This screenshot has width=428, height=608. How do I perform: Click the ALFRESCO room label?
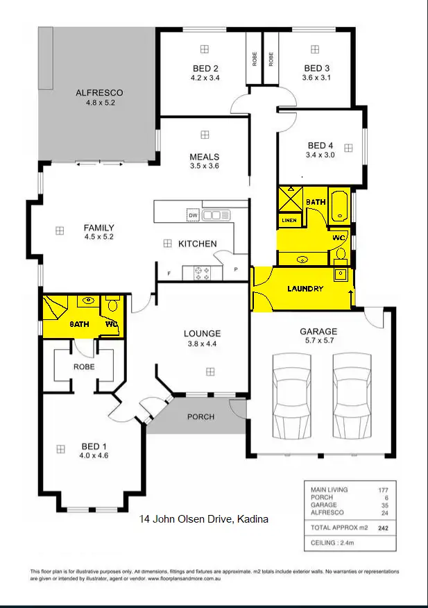pos(99,92)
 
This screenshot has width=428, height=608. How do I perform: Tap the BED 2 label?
pos(205,68)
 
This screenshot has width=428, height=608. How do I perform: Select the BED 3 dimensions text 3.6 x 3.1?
pos(317,78)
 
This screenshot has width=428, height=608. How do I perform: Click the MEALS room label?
pos(204,157)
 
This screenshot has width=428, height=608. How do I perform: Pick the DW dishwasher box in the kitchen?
pos(193,216)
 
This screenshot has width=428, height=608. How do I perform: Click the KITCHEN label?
pos(198,244)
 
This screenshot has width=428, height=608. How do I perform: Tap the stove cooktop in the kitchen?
pos(203,273)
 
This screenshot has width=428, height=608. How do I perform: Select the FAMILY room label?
pos(99,228)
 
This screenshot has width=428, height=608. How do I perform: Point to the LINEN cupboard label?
pos(289,221)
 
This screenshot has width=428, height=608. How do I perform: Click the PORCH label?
pos(200,417)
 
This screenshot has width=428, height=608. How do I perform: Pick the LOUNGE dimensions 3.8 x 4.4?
pos(202,343)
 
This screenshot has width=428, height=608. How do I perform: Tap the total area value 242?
pos(383,527)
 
